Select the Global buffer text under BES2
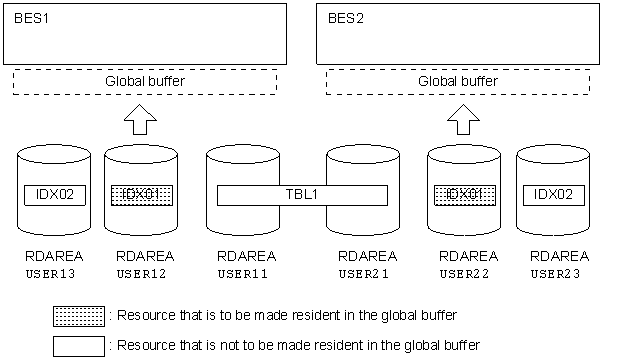click(457, 81)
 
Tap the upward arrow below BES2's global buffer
click(462, 120)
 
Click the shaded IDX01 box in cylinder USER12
click(139, 194)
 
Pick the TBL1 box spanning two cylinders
click(303, 194)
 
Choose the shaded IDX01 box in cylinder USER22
click(461, 194)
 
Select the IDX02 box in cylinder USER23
click(552, 194)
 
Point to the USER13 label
click(50, 273)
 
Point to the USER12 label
click(139, 273)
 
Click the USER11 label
click(241, 273)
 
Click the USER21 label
click(361, 273)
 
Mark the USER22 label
click(461, 273)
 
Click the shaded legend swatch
click(78, 316)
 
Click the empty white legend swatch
click(78, 345)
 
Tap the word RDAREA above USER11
click(241, 257)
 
